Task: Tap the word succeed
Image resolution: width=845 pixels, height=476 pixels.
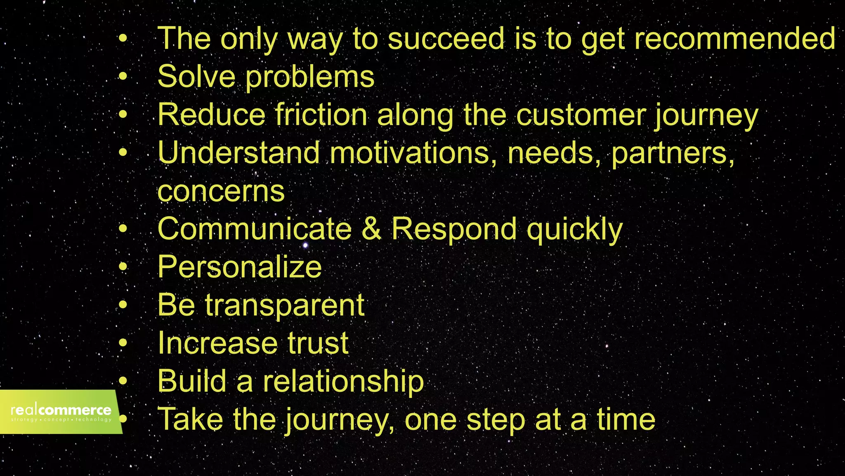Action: [x=446, y=38]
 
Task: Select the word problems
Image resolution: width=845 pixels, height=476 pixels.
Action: [x=310, y=77]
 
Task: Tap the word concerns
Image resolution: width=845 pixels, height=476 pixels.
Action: [x=221, y=191]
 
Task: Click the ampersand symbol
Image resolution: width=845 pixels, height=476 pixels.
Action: [x=371, y=229]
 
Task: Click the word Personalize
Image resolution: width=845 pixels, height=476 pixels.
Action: [x=240, y=267]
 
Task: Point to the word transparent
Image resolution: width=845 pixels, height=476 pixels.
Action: [x=285, y=306]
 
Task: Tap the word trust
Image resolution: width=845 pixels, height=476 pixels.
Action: [x=318, y=343]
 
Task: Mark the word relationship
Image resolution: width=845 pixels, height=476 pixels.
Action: [x=343, y=381]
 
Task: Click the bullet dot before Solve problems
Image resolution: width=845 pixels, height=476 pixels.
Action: [x=123, y=76]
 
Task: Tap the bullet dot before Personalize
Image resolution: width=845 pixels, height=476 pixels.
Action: [x=123, y=267]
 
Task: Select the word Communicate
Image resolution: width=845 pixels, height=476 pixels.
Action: [x=255, y=229]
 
